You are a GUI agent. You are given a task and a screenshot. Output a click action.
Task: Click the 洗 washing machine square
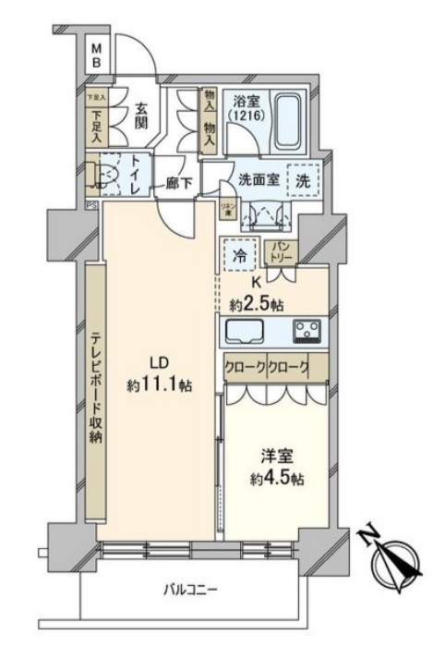click(x=303, y=180)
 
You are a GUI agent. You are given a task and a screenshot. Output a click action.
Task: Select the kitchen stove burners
click(x=307, y=329)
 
